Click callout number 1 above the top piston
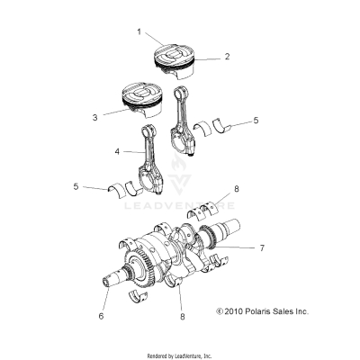coord(139,31)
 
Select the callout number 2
coord(227,56)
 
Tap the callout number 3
coord(93,116)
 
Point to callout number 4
coord(117,152)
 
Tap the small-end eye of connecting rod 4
coord(149,134)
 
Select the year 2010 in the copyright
coord(233,310)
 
